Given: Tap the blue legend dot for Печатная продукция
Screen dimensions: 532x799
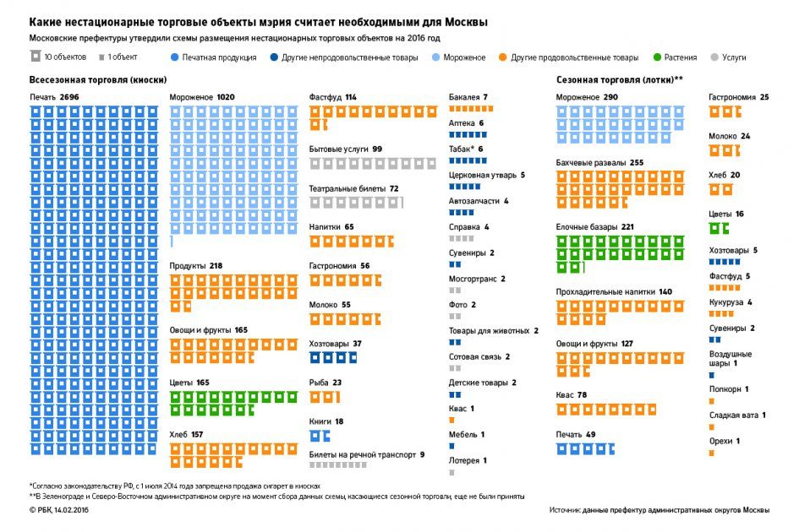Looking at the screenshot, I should pos(173,57).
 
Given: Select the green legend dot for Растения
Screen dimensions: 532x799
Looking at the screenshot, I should pos(658,57).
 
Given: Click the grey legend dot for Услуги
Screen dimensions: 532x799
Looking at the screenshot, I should pos(715,57).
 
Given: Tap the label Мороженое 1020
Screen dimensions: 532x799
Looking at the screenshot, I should pos(202,98).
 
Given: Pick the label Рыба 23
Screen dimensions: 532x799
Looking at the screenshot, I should pos(326,383).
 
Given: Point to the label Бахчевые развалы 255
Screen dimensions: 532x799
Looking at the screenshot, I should pos(599,162).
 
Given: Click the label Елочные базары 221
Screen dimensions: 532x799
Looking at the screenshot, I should pos(595,227).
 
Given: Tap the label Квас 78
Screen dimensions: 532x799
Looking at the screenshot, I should pos(572,395).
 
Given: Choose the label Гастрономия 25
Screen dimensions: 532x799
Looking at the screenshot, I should pos(738,98).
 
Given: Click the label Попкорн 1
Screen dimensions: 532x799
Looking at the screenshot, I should pos(729,389).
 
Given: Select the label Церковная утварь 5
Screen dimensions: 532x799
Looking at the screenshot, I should pos(486,175).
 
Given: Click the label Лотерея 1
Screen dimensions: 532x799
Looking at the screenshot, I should pos(468,460).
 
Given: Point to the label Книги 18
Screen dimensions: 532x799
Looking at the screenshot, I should pos(326,421).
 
